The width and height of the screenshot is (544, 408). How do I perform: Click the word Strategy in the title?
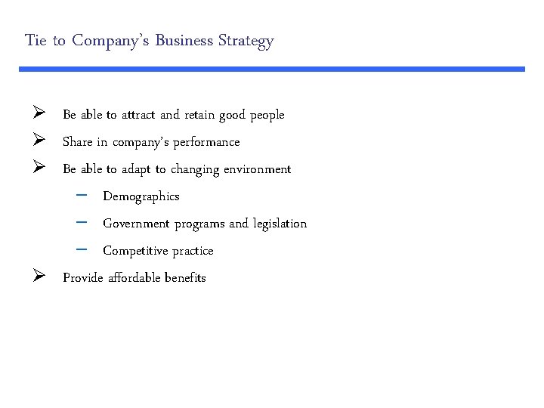click(246, 41)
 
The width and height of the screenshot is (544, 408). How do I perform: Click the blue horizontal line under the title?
click(272, 69)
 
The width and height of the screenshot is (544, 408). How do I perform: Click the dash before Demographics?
click(82, 196)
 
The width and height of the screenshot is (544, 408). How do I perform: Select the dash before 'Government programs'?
click(82, 224)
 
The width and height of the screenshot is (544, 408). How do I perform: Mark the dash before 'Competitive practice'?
click(82, 250)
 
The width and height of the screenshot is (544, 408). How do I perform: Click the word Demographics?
click(141, 196)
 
